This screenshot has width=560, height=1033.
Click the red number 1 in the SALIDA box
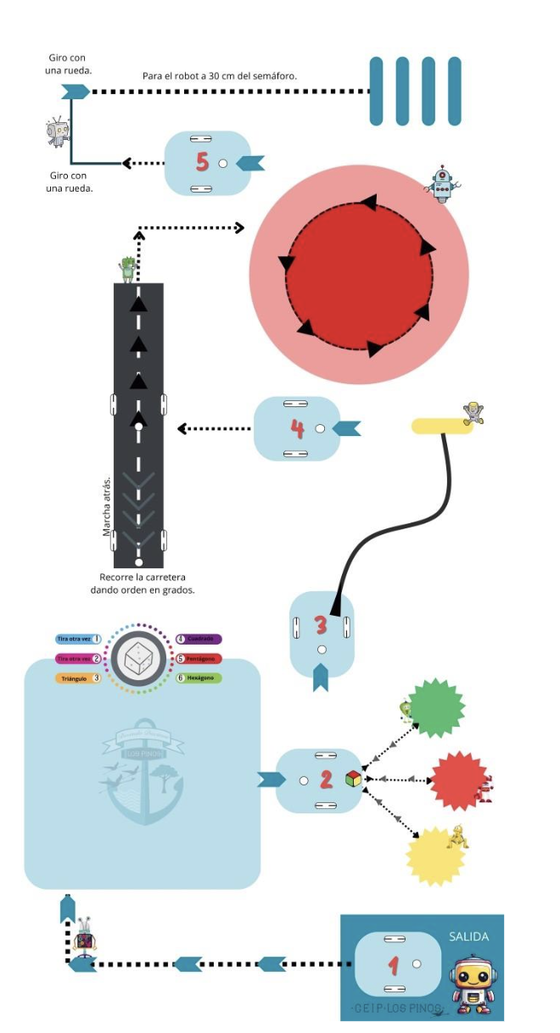(393, 964)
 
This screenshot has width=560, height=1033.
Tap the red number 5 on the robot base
(202, 161)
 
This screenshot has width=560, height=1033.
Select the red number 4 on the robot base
(297, 428)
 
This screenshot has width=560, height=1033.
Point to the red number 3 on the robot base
(321, 625)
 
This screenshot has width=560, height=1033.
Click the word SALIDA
(468, 937)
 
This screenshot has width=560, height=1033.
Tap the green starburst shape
(436, 707)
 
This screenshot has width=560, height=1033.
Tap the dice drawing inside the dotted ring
(137, 658)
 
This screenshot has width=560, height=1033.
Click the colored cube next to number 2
(353, 779)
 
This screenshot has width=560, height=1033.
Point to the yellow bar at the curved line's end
(442, 426)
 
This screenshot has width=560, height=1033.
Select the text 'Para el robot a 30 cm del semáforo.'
(220, 76)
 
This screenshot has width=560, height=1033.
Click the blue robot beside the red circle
(442, 183)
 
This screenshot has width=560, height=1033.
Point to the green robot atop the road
(128, 269)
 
